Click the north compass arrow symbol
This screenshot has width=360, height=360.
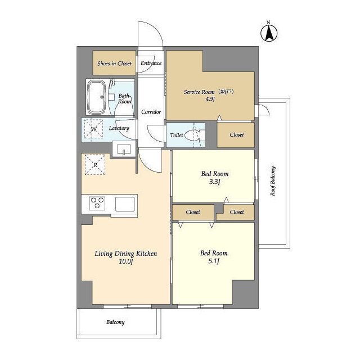pyautogui.click(x=269, y=32)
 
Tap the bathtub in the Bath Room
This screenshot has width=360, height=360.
pyautogui.click(x=97, y=97)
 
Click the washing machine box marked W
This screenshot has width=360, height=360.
pyautogui.click(x=94, y=129)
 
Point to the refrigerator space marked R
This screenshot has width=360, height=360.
pyautogui.click(x=95, y=165)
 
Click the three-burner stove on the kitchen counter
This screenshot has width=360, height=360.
pyautogui.click(x=97, y=203)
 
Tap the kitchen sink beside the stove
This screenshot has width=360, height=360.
pyautogui.click(x=125, y=204)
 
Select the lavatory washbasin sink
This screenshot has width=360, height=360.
pyautogui.click(x=124, y=149)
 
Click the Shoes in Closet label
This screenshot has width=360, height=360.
pyautogui.click(x=114, y=64)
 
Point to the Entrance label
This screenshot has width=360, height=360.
pyautogui.click(x=151, y=63)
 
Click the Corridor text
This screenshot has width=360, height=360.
pyautogui.click(x=151, y=112)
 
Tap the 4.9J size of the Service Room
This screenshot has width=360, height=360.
pyautogui.click(x=210, y=99)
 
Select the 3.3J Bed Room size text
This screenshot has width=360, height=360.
pyautogui.click(x=215, y=182)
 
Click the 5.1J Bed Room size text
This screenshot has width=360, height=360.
pyautogui.click(x=214, y=261)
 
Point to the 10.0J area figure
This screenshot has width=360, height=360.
pyautogui.click(x=126, y=262)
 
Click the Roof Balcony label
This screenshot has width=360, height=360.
pyautogui.click(x=273, y=181)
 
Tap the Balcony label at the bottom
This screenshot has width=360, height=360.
pyautogui.click(x=115, y=322)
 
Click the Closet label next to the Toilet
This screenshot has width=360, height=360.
pyautogui.click(x=237, y=135)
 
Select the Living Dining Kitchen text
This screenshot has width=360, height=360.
pyautogui.click(x=126, y=254)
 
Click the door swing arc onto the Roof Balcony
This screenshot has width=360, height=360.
pyautogui.click(x=266, y=107)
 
